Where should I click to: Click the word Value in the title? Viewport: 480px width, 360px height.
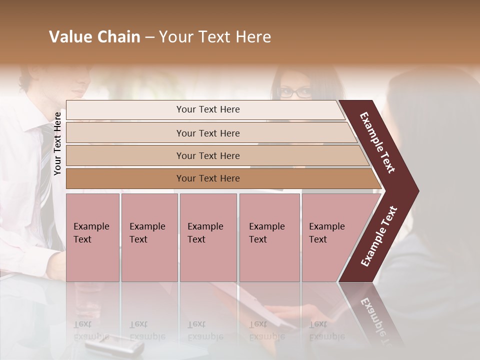coord(69,37)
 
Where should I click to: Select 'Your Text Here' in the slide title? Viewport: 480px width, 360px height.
coord(215,37)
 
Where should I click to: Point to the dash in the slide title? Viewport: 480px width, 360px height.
coord(149,37)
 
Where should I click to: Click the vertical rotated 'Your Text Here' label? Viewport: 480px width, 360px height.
coord(57,143)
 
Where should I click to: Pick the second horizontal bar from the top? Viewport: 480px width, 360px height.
coord(207,133)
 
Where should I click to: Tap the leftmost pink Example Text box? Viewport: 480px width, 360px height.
coord(92,237)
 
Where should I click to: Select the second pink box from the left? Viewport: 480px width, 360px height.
coord(149,237)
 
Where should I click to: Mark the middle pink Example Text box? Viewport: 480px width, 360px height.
coord(208,237)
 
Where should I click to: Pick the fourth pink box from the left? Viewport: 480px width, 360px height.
coord(269,237)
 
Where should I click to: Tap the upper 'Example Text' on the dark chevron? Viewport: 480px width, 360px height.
coord(378,142)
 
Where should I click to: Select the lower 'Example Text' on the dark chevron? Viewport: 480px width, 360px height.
coord(378,236)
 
